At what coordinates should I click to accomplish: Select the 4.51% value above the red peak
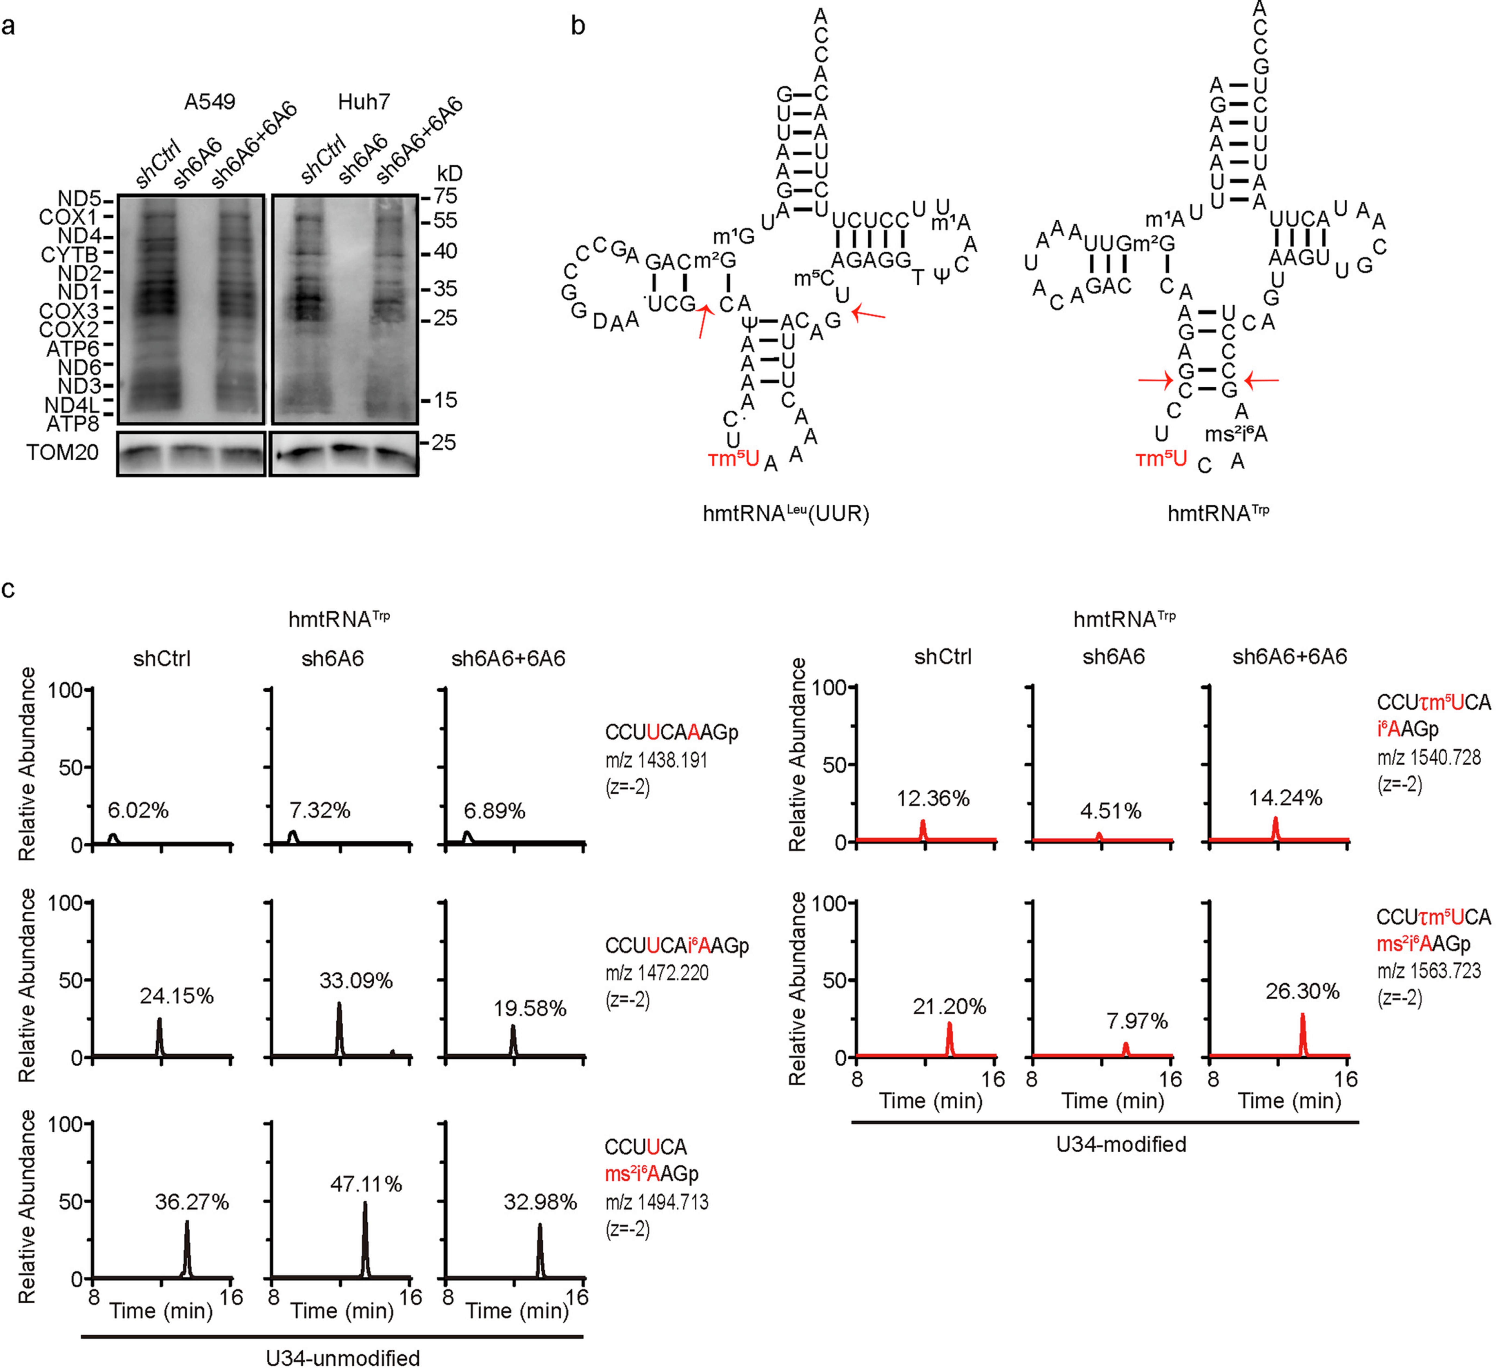tap(1110, 811)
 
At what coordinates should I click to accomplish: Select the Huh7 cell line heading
tap(364, 102)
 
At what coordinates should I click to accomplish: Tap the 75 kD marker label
tap(445, 197)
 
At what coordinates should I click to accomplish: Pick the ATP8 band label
tap(73, 424)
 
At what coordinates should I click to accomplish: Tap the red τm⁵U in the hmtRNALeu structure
tap(733, 459)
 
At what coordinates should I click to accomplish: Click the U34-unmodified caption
tap(343, 1357)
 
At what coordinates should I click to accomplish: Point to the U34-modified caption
tap(1121, 1144)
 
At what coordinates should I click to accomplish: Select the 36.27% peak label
tap(192, 1202)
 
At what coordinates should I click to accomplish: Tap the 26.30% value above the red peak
tap(1302, 991)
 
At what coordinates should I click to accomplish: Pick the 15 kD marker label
tap(445, 401)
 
